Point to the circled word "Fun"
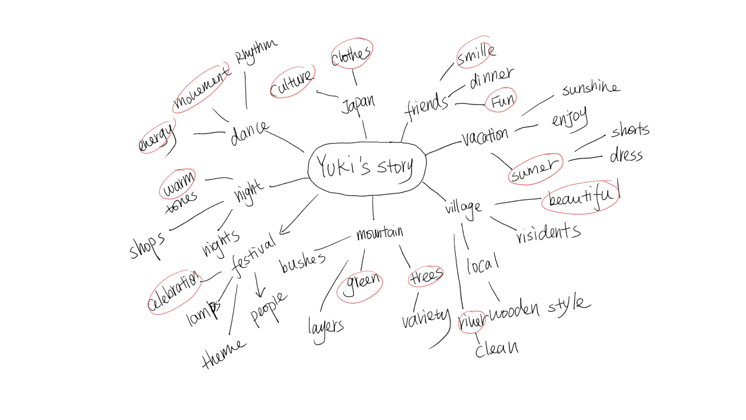[x=502, y=101]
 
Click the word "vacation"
[x=485, y=136]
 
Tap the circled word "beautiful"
[x=580, y=198]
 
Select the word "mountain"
[x=380, y=233]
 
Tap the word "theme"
[x=223, y=354]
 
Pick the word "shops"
[x=147, y=245]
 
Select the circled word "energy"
[x=156, y=138]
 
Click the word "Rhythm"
[x=255, y=51]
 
